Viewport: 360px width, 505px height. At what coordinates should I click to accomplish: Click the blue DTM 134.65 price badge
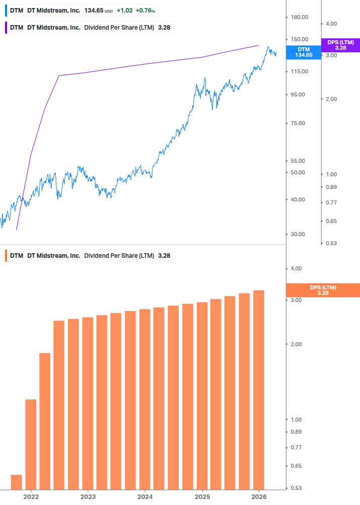(304, 52)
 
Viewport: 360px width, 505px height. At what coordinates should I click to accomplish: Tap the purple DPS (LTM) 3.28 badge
(340, 45)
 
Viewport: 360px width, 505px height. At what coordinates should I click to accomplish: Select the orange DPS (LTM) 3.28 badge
(322, 290)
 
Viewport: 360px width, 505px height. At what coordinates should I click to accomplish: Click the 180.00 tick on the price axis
(299, 17)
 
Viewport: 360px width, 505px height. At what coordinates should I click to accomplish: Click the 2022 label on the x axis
(31, 496)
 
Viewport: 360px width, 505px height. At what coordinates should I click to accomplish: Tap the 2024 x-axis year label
(145, 496)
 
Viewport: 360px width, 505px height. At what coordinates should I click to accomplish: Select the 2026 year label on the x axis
(258, 496)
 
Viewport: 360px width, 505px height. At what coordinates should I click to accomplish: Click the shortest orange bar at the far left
(17, 482)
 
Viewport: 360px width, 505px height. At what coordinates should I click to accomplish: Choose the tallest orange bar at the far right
(259, 389)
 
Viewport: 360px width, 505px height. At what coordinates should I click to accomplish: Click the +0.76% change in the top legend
(146, 11)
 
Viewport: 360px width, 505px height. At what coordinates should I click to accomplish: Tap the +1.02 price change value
(125, 11)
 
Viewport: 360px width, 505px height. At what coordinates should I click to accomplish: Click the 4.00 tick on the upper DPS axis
(331, 24)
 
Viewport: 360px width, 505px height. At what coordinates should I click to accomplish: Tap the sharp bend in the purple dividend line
(59, 76)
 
